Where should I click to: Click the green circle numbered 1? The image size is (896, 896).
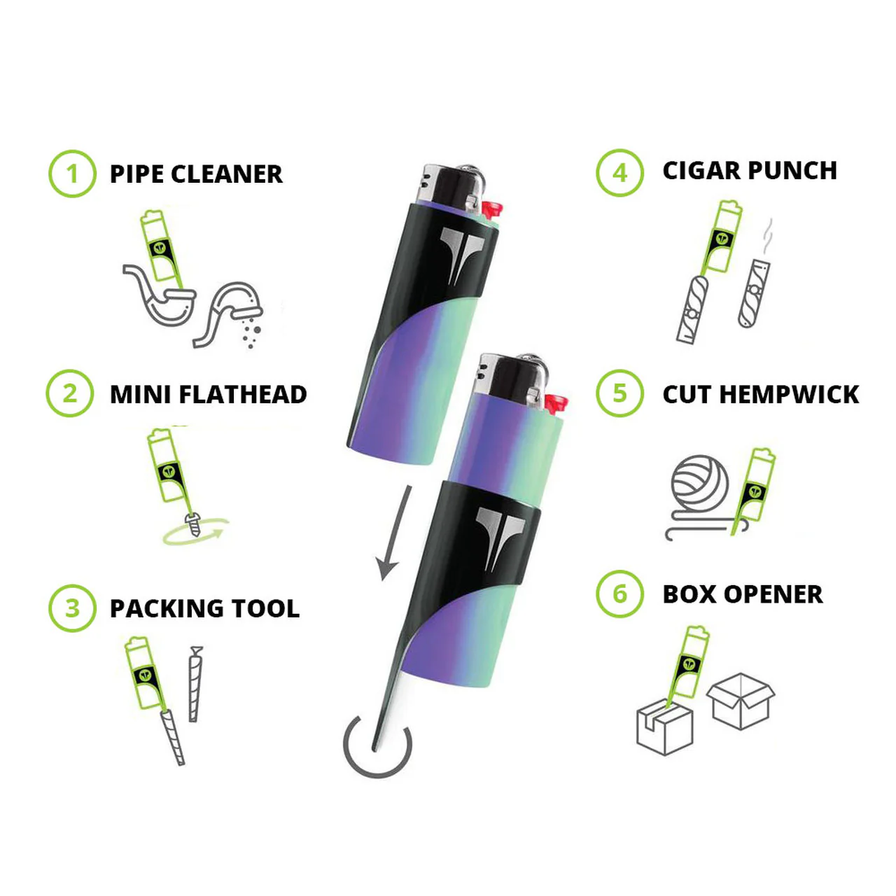(x=71, y=174)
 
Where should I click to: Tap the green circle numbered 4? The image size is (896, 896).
(x=619, y=172)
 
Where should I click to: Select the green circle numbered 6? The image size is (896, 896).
(x=619, y=594)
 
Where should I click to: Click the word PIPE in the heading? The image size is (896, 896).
(x=136, y=174)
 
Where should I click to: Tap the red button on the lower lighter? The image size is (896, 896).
(x=556, y=403)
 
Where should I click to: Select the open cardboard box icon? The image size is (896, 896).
(x=741, y=701)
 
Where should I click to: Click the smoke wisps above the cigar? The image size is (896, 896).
(x=768, y=237)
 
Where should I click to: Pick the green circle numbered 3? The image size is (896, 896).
(x=71, y=608)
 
